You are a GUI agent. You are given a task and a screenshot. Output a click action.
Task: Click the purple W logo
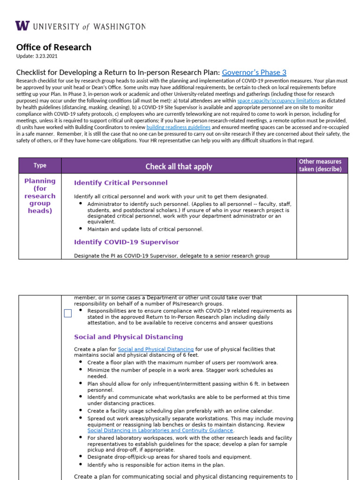coord(22,26)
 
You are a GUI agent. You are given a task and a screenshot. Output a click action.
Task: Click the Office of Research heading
coord(53,47)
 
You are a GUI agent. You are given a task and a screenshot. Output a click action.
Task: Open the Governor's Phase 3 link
coord(254,72)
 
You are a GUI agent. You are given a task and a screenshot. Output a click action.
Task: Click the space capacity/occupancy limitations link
coord(278,101)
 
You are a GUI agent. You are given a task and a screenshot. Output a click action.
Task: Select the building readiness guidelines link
coord(178,127)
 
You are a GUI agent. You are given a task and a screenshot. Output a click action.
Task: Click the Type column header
coord(40,165)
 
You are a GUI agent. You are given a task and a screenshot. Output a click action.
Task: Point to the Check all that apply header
coord(179,166)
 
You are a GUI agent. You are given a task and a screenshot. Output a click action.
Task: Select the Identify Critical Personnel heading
coord(120,183)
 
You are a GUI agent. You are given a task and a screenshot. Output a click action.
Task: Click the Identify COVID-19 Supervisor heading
coord(127,242)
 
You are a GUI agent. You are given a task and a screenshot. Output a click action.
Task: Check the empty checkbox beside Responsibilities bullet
coord(67,314)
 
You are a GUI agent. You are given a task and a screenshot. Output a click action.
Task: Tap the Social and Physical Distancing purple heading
coord(128,337)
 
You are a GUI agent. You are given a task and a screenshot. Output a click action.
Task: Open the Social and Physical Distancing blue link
coord(156,349)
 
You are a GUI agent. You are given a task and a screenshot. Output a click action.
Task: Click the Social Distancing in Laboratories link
coord(160,430)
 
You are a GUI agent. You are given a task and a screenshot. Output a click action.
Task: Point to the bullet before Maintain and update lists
coord(81,229)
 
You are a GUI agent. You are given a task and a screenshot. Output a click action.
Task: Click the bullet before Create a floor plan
coord(81,362)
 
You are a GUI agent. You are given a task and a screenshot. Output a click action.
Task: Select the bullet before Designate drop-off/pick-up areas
coord(81,456)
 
